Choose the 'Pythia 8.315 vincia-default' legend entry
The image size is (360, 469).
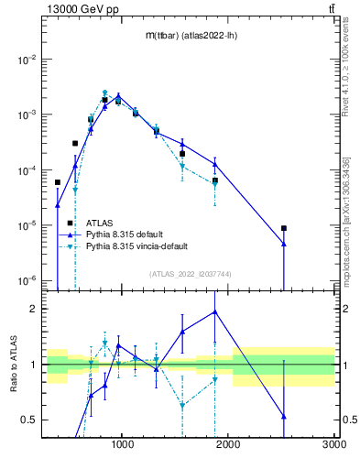[x=139, y=246]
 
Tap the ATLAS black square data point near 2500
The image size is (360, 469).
[x=284, y=228]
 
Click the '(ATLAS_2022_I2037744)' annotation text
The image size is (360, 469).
[x=190, y=273]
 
